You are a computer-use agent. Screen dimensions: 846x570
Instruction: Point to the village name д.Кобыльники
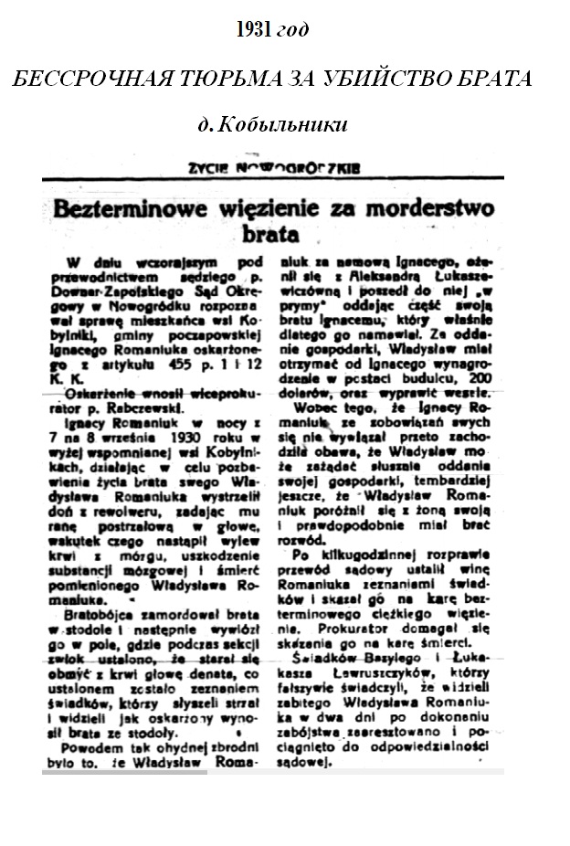271,122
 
